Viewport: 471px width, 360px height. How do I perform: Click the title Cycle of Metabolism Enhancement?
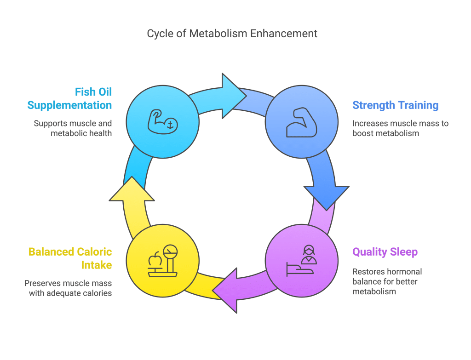click(x=232, y=34)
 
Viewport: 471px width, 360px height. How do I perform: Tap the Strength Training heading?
click(x=395, y=105)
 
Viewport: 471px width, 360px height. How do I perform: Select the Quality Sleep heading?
click(x=385, y=252)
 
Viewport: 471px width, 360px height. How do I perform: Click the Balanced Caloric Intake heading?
click(x=70, y=258)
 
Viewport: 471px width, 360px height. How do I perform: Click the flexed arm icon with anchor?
click(x=162, y=121)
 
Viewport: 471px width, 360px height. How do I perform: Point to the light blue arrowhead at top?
click(x=233, y=96)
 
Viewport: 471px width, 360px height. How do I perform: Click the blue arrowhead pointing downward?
click(x=326, y=196)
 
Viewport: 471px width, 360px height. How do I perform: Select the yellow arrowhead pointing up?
click(x=132, y=189)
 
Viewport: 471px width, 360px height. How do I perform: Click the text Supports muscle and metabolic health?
click(x=73, y=128)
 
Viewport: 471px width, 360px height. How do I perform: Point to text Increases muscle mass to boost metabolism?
click(x=400, y=128)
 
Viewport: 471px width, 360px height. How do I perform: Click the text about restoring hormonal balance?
click(x=387, y=281)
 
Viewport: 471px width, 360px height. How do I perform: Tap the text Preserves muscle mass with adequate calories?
click(x=69, y=288)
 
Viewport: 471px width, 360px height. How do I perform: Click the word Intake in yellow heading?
click(x=98, y=265)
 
